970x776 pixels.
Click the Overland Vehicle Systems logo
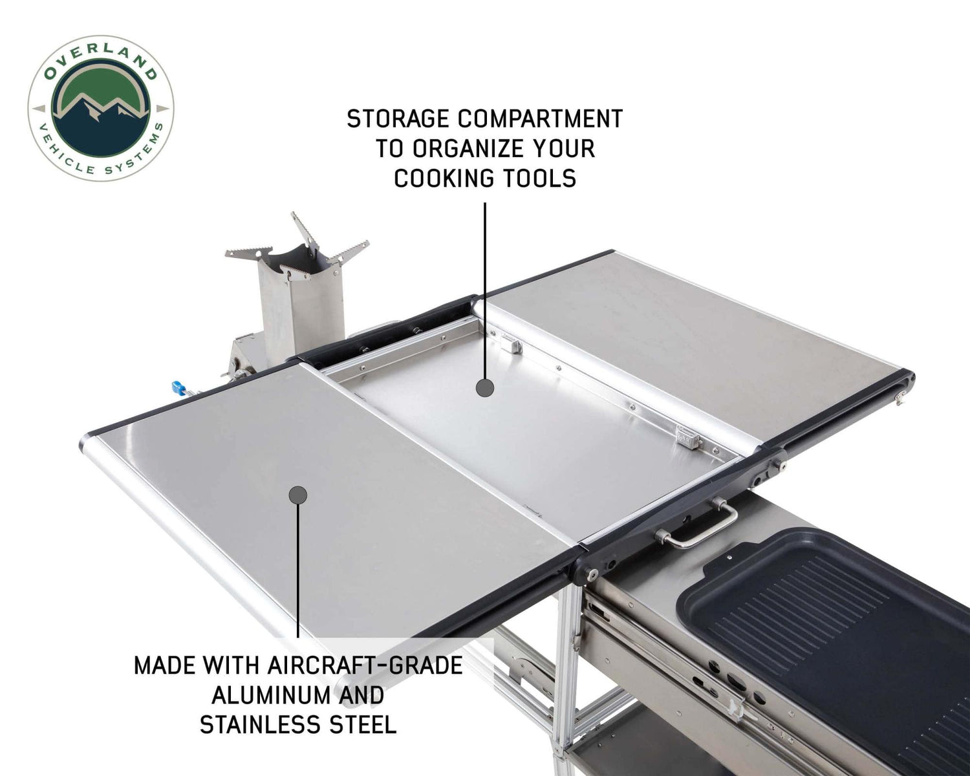pos(100,108)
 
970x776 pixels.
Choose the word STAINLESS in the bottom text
pos(257,725)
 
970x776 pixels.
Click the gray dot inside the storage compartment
pos(485,388)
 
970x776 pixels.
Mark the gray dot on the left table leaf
pos(297,495)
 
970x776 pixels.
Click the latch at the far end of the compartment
pos(513,345)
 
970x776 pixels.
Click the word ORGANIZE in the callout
pos(461,149)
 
